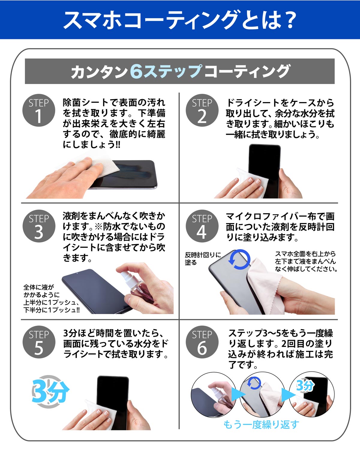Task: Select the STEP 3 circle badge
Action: pyautogui.click(x=39, y=226)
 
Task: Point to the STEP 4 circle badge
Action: pyautogui.click(x=202, y=226)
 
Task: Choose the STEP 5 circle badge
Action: pyautogui.click(x=39, y=342)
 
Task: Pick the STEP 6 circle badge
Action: pyautogui.click(x=202, y=342)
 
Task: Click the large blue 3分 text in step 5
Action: pyautogui.click(x=50, y=392)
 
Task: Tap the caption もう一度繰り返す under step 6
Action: pyautogui.click(x=261, y=425)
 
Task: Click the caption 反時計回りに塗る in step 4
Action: pyautogui.click(x=203, y=259)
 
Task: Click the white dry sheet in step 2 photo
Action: pyautogui.click(x=253, y=182)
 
